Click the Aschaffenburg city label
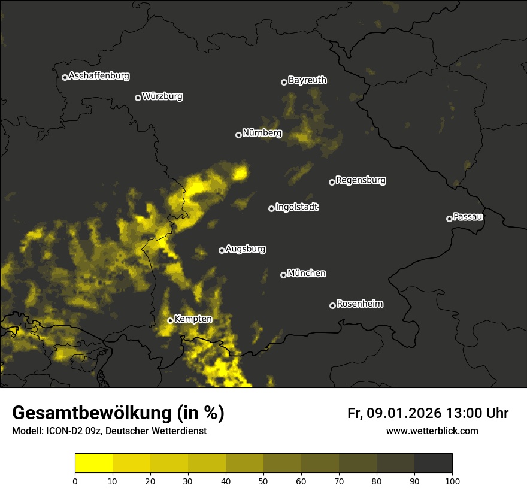99,76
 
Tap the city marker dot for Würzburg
138,98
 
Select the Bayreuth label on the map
307,80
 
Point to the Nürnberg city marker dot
238,135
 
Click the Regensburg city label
361,180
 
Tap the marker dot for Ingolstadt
271,208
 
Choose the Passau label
468,217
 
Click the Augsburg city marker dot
222,250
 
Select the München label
307,274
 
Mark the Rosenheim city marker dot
332,305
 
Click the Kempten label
193,319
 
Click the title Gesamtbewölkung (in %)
118,413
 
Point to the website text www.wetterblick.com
432,431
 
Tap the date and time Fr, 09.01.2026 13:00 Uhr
428,413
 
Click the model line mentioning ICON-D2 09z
109,431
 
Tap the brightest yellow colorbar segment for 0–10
94,463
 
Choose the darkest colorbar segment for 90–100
433,463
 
